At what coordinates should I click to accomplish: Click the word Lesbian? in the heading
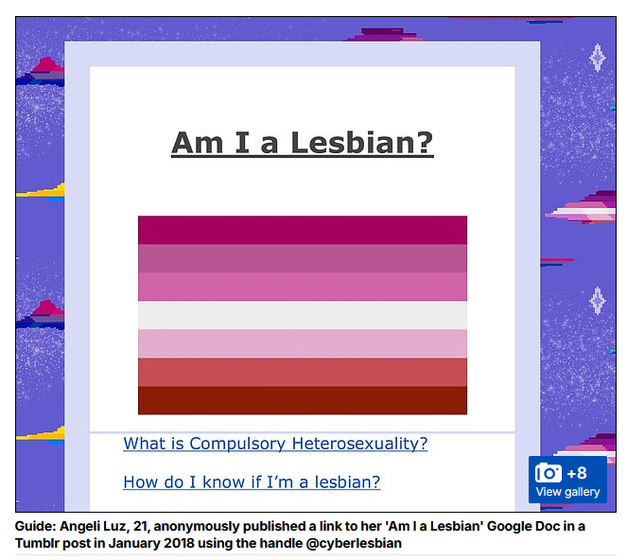(362, 143)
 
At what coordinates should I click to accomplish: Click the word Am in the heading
(198, 143)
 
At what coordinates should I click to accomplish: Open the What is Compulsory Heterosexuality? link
(275, 444)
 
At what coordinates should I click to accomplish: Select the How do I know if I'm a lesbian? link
(252, 482)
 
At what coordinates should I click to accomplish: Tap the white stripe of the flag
(303, 315)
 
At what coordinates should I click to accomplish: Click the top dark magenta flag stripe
(303, 230)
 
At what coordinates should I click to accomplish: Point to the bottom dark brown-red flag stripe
(303, 400)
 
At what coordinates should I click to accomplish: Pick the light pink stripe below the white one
(303, 343)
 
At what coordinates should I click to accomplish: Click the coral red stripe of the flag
(303, 372)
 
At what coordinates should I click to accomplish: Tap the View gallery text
(567, 492)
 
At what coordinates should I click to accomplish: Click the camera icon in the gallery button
(549, 473)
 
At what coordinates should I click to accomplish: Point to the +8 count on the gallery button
(577, 473)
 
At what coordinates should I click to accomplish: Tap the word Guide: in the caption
(36, 526)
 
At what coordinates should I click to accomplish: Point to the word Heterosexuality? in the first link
(360, 444)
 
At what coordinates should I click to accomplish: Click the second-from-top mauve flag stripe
(303, 258)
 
